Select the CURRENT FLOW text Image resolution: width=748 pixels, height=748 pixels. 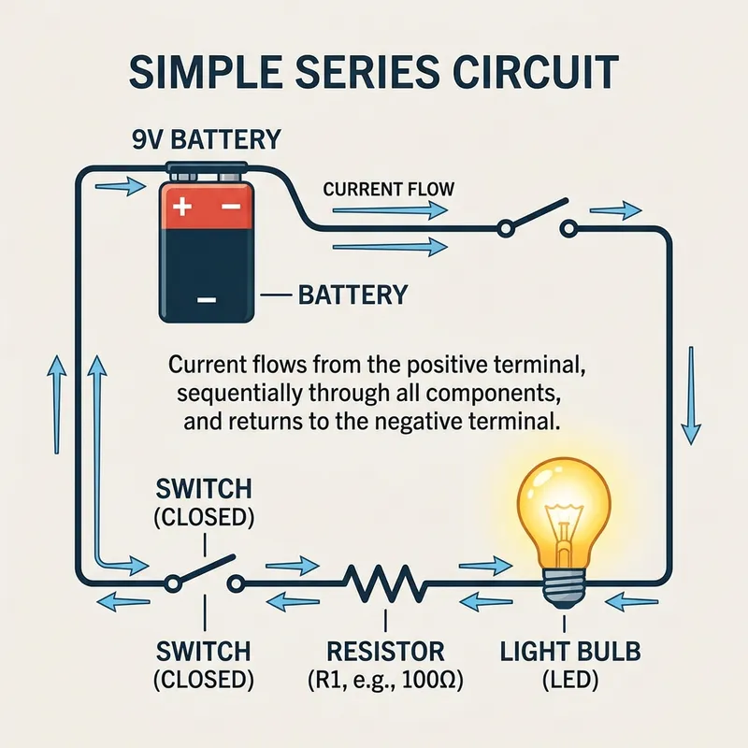point(388,190)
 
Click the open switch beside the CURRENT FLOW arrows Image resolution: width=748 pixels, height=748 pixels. point(536,217)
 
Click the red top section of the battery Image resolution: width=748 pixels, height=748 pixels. point(208,207)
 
